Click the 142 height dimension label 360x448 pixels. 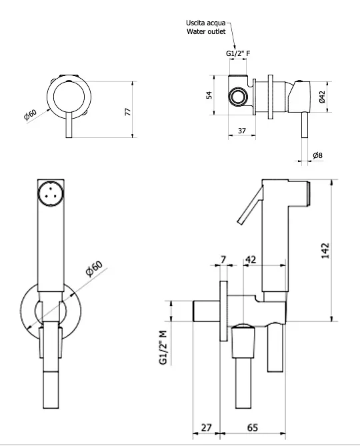tap(325, 251)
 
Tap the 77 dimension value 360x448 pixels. tap(128, 111)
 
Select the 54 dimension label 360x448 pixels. tap(209, 95)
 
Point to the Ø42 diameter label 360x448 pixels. tap(322, 97)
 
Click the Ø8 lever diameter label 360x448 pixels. tap(318, 155)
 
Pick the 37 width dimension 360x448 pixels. tap(242, 131)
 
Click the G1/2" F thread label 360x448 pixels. tap(238, 53)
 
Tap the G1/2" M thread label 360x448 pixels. tap(163, 347)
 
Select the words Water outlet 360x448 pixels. tap(206, 31)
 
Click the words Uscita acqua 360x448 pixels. tap(206, 23)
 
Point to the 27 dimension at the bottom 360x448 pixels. tap(206, 428)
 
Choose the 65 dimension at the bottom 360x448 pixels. tap(253, 428)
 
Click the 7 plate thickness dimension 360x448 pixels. tap(223, 259)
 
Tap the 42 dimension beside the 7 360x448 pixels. tap(251, 259)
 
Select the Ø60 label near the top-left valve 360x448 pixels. tap(31, 114)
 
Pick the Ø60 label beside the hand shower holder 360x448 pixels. tap(94, 269)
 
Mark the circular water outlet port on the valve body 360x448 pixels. tap(238, 97)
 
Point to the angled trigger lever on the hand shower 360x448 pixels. tap(250, 205)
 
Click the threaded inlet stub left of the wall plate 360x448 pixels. tap(207, 311)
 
